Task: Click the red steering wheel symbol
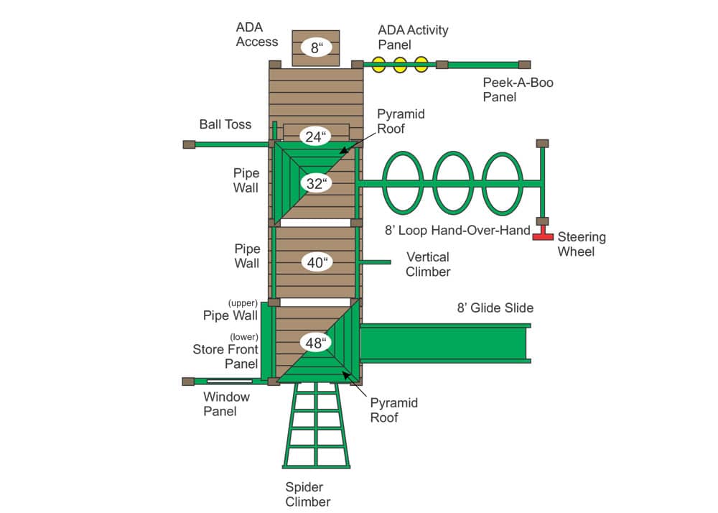point(543,234)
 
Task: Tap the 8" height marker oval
point(317,47)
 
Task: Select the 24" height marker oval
point(315,137)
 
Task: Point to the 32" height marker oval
point(317,184)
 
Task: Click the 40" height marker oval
point(317,262)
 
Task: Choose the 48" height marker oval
point(316,343)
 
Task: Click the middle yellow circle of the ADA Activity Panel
point(400,65)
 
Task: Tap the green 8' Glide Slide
point(445,343)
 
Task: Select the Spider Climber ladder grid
point(316,425)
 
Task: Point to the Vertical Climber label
point(428,264)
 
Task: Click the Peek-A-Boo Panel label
point(518,90)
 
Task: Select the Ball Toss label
point(225,124)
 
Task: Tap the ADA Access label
point(257,34)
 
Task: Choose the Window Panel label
point(226,404)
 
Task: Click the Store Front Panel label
point(225,357)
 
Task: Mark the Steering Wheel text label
point(582,244)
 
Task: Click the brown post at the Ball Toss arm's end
point(189,144)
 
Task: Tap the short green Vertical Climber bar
point(375,262)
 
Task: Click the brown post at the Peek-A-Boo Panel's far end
point(525,65)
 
